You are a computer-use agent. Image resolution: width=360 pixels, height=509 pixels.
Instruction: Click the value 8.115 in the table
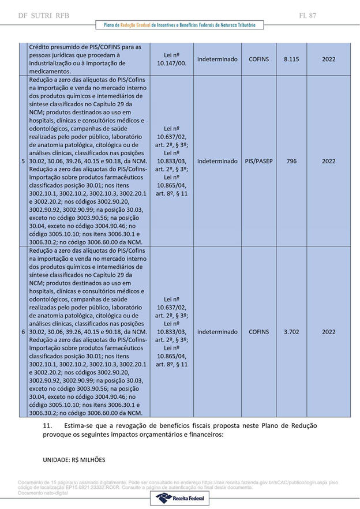[x=291, y=59]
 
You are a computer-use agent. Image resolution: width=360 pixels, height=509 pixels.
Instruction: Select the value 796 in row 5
[x=291, y=161]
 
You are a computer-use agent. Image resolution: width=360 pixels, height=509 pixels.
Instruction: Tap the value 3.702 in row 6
[x=291, y=332]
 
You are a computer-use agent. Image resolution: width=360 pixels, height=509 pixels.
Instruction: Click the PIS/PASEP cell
[x=259, y=161]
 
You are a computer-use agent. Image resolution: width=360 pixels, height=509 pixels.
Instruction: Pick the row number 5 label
[x=23, y=161]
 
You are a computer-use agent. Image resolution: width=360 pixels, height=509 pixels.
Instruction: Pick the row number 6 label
[x=23, y=332]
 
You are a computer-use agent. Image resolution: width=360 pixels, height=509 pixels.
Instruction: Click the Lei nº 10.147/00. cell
[x=171, y=59]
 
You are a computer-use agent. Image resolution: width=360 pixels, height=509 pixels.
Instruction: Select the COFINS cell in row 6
[x=259, y=332]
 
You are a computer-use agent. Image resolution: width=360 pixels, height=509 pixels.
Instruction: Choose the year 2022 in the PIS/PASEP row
[x=328, y=161]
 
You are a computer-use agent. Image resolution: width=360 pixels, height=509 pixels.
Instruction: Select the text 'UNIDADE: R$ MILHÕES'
[x=74, y=460]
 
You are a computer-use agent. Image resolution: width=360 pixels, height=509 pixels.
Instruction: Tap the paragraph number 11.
[x=48, y=426]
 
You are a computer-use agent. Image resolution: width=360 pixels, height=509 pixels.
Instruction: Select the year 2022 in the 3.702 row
[x=328, y=332]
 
